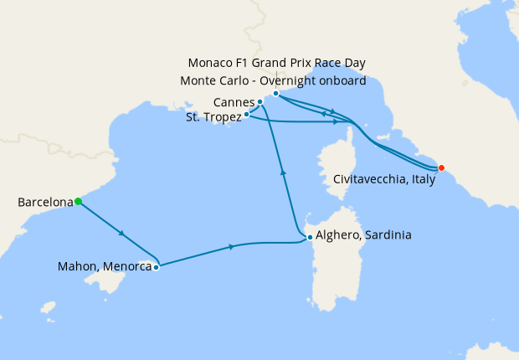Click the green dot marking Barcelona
(78, 201)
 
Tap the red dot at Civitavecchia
(441, 167)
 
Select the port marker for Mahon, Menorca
(156, 268)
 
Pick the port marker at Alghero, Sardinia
(310, 237)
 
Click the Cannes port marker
(260, 102)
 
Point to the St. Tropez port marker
(246, 114)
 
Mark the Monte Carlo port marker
(275, 93)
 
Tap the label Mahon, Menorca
(104, 268)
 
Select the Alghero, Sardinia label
(363, 236)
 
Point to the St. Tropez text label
(213, 118)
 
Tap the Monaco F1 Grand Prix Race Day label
(277, 63)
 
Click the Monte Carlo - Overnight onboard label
(273, 80)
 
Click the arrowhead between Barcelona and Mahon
(123, 233)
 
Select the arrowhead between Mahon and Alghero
(231, 247)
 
